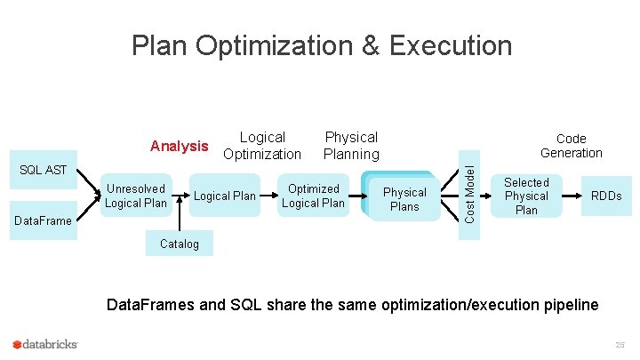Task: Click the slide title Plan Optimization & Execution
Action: (x=322, y=45)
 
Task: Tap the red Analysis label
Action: (x=180, y=146)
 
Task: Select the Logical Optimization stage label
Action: (x=262, y=146)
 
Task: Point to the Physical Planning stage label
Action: (x=351, y=146)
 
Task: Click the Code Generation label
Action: (x=571, y=146)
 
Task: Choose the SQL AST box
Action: (x=44, y=170)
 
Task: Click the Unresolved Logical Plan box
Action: (x=135, y=196)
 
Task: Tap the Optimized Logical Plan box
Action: (x=313, y=196)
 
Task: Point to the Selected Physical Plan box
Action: (x=526, y=196)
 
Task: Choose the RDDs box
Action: (x=606, y=196)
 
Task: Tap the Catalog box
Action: (x=179, y=244)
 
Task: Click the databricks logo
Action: (x=45, y=344)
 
